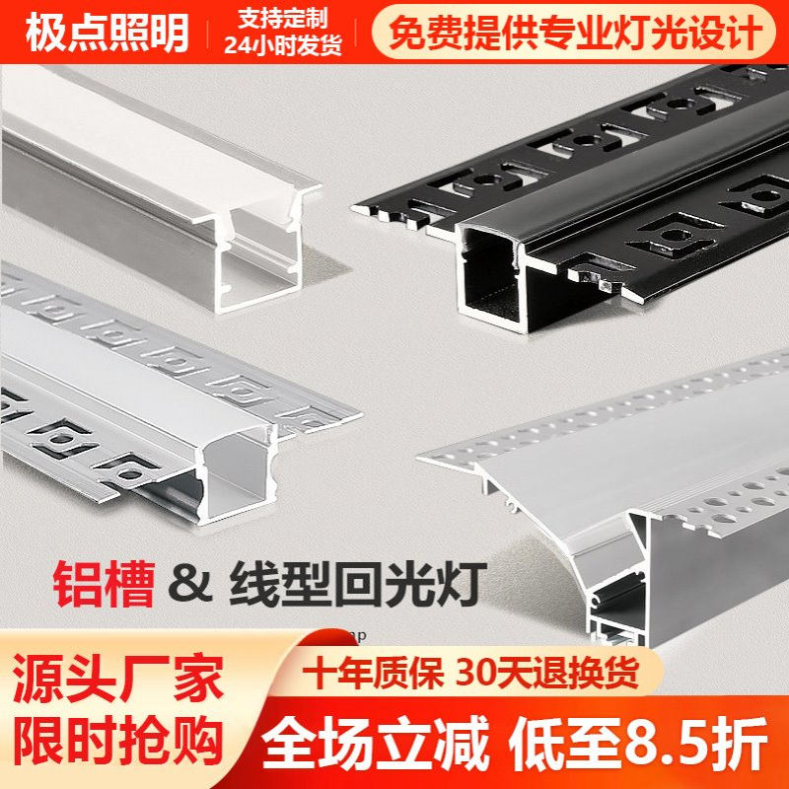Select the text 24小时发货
281,45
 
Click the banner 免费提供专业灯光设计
575,33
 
